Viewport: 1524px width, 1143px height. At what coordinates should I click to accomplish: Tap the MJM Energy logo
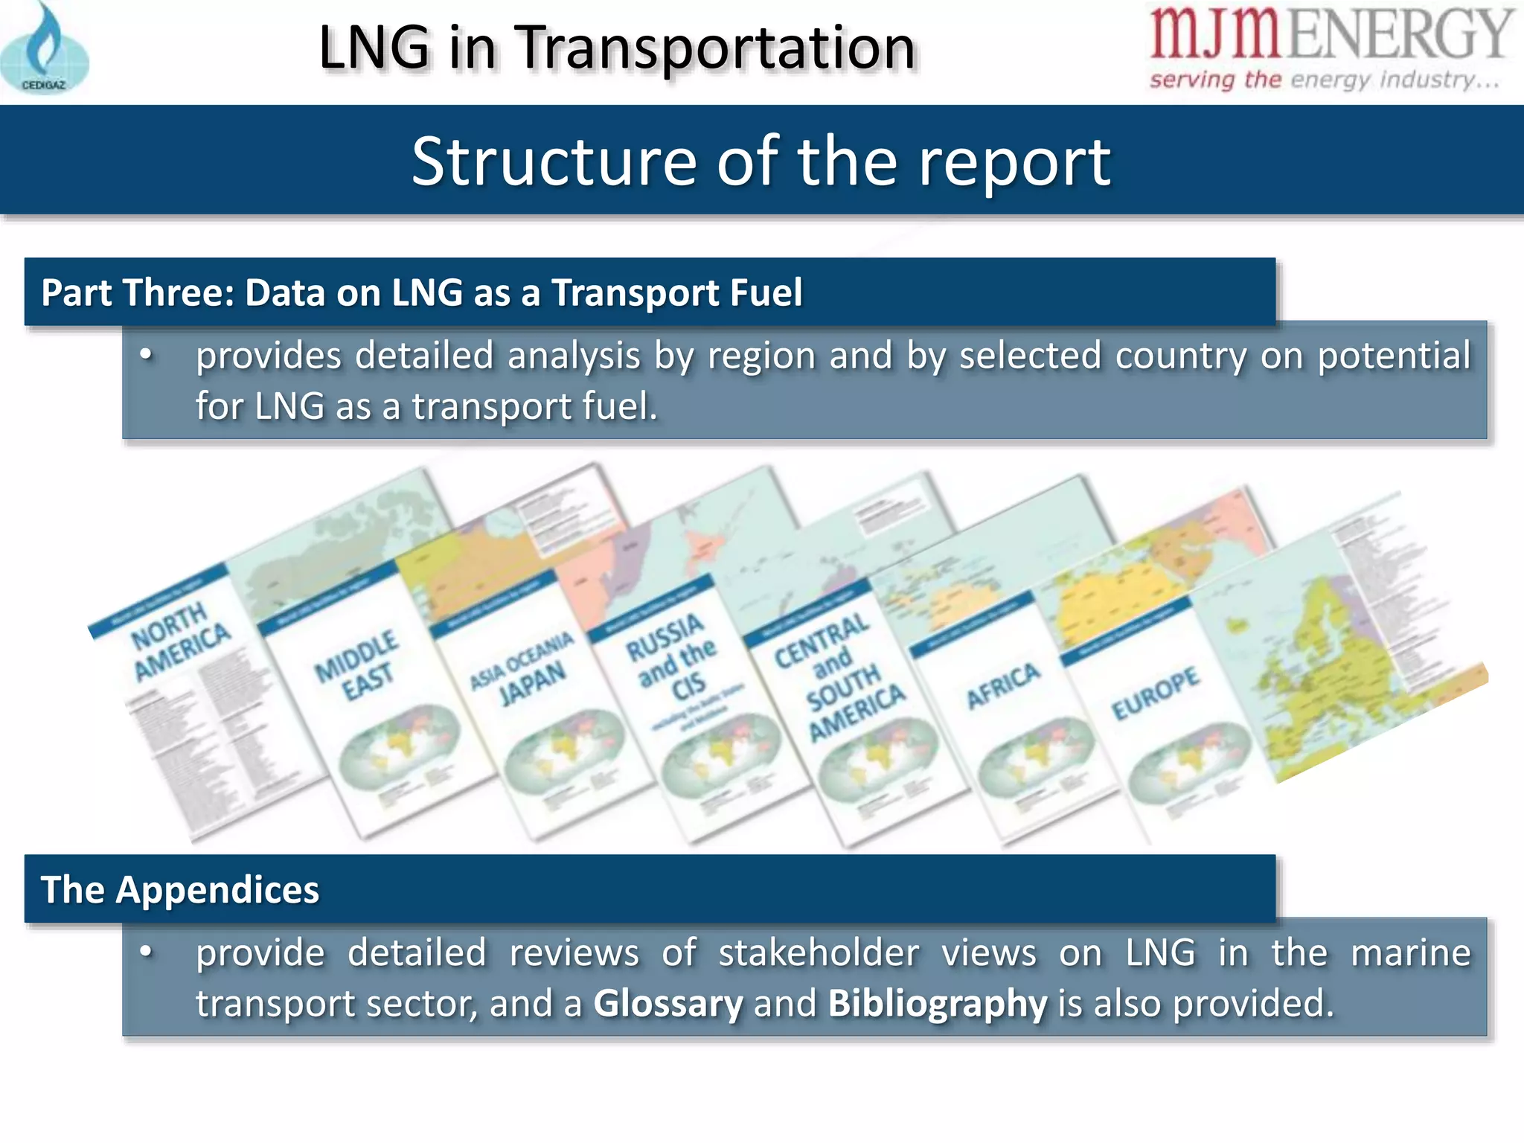point(1331,35)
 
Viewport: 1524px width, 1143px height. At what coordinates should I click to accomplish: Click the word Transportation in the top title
point(714,48)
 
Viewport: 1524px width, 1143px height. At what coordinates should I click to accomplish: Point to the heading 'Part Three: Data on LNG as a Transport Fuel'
point(421,292)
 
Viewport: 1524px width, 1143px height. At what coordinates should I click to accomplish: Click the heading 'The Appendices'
point(180,890)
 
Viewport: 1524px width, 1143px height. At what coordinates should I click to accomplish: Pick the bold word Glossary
point(667,1003)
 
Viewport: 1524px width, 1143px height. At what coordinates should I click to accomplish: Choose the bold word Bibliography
point(937,1003)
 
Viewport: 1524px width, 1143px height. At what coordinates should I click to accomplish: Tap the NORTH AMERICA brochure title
point(180,641)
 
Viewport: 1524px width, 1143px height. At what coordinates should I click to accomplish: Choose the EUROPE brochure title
point(1155,692)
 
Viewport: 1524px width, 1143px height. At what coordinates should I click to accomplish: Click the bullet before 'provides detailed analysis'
point(147,356)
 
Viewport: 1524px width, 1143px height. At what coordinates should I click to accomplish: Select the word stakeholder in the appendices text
point(819,953)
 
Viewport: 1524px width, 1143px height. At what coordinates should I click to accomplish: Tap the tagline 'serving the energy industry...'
point(1325,80)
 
